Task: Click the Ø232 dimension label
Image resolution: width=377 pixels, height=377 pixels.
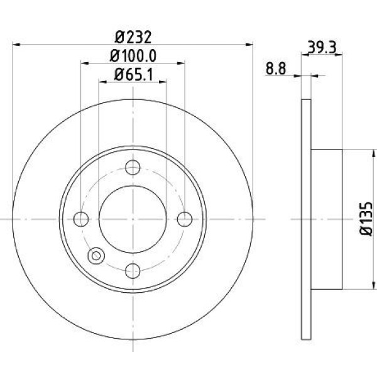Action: [x=133, y=38]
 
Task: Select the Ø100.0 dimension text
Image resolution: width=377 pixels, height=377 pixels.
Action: [x=133, y=56]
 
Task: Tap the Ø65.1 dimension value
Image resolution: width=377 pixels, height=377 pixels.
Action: [x=133, y=75]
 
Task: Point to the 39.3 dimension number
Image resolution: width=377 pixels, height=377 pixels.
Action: [x=322, y=48]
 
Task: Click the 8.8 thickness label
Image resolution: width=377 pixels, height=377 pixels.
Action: [x=276, y=69]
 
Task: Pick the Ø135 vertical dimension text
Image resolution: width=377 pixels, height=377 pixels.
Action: [x=366, y=219]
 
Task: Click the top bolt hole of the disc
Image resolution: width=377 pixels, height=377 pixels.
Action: [x=133, y=168]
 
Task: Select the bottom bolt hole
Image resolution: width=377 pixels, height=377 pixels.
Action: [x=133, y=271]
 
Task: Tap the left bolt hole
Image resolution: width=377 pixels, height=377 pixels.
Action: [x=81, y=219]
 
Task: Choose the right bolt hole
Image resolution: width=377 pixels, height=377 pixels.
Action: [x=185, y=219]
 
